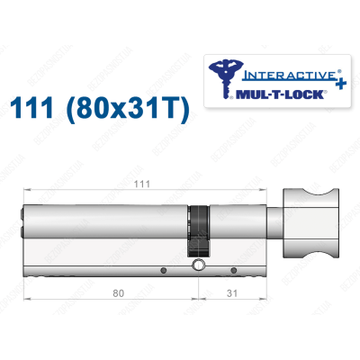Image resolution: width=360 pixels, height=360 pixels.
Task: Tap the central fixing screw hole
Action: (197, 266)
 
